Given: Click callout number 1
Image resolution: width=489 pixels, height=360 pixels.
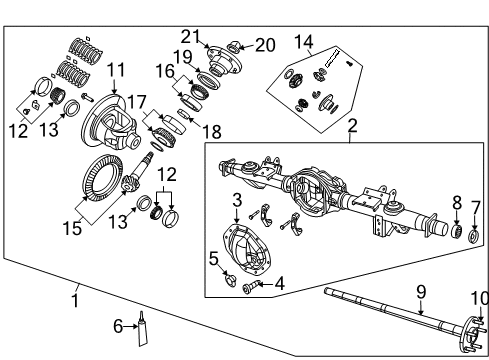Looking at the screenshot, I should click(x=76, y=299).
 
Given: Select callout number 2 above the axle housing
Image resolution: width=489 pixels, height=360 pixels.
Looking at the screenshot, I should click(x=352, y=126).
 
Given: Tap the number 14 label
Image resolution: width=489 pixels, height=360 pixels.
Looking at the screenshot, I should click(x=303, y=42).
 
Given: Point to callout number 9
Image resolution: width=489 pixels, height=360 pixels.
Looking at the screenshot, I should click(x=421, y=291).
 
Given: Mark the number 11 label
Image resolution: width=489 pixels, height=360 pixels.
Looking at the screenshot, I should click(x=116, y=71).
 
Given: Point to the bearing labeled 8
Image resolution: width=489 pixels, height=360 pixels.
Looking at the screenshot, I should click(x=455, y=232).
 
